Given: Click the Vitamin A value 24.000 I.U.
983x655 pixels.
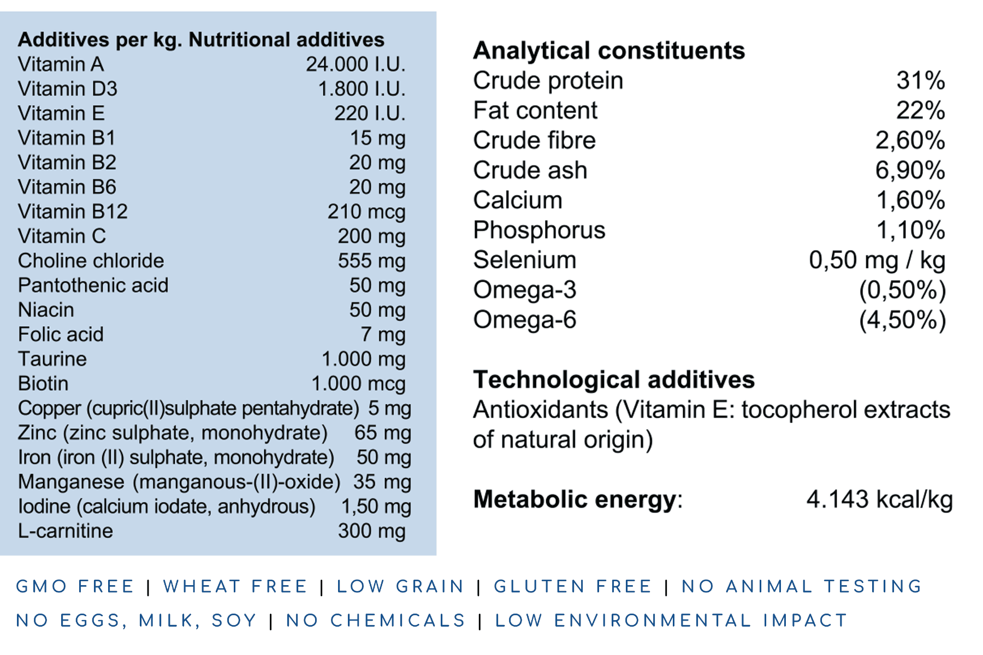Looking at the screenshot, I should click(355, 64).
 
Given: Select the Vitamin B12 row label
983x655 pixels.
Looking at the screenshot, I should click(73, 212).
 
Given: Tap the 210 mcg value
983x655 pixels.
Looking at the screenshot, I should click(366, 212).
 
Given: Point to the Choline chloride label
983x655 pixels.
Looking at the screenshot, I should click(91, 261).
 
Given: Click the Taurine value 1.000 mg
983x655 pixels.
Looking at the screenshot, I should click(363, 359).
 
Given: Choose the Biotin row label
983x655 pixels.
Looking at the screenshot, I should click(43, 384).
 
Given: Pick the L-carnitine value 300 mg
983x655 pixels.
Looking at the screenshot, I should click(371, 531).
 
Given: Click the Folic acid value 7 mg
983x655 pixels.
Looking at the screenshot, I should click(382, 335).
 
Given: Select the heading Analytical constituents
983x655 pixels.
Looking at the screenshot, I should click(609, 51).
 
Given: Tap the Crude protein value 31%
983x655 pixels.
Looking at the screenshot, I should click(920, 81).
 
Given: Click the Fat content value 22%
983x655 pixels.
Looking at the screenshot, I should click(920, 111).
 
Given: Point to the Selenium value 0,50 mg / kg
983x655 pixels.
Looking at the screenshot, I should click(877, 260).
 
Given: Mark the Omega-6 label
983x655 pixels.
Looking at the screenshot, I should click(524, 320).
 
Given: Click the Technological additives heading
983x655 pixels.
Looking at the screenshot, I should click(614, 380).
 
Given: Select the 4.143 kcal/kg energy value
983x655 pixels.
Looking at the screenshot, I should click(879, 499).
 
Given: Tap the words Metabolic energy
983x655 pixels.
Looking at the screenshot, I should click(575, 499).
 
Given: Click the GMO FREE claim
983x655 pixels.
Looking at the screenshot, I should click(75, 586).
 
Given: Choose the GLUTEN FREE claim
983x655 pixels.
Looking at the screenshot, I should click(573, 586).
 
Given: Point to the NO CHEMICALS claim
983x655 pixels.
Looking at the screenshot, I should click(376, 621).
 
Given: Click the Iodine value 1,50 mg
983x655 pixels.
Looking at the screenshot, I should click(376, 507).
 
